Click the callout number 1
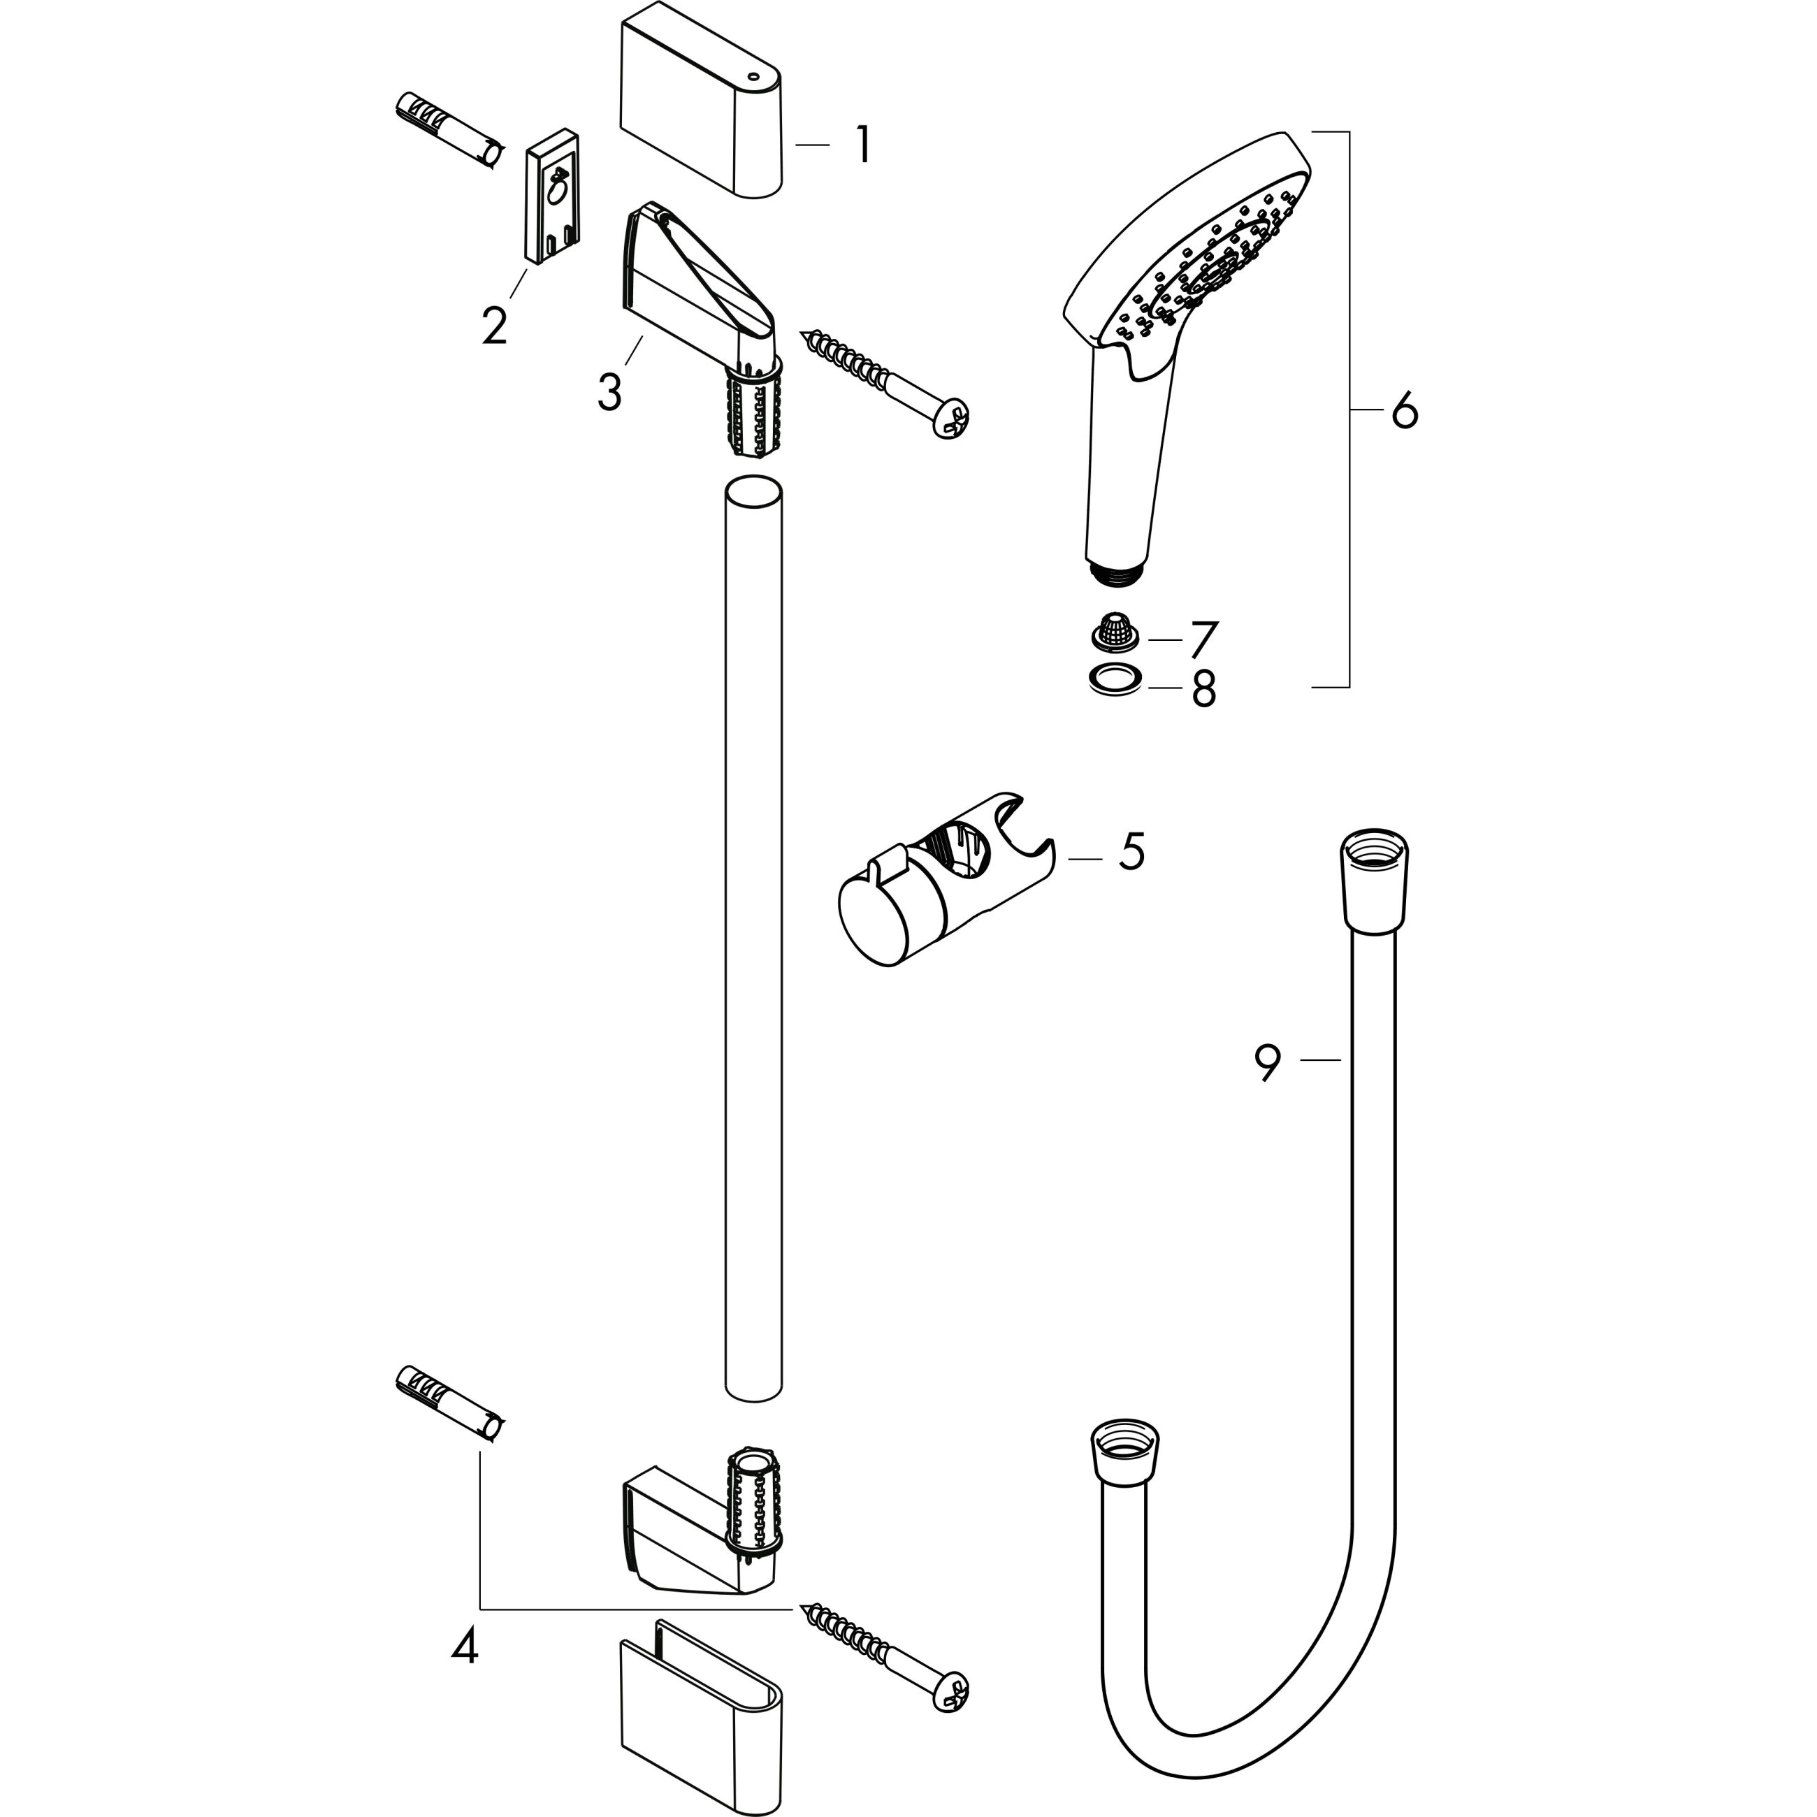point(862,146)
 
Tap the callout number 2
point(494,326)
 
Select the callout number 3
point(609,391)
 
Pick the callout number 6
point(1404,411)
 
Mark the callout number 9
point(1268,1063)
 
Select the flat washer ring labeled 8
point(1115,679)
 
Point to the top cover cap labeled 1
point(701,108)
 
